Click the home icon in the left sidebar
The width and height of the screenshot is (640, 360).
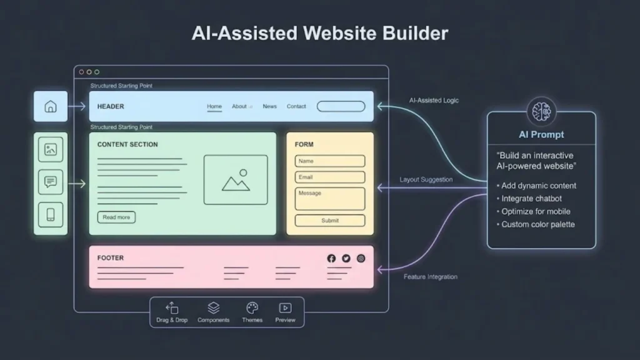[x=51, y=107]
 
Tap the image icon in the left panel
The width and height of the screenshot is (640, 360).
[x=51, y=150]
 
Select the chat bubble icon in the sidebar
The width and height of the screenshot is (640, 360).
[x=51, y=182]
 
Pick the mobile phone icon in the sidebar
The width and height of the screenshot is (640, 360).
[x=51, y=215]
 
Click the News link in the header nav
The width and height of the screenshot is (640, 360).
[x=269, y=107]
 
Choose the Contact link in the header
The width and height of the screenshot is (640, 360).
[x=296, y=107]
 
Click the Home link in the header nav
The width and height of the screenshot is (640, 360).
[x=214, y=107]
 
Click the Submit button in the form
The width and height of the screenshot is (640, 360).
[x=330, y=221]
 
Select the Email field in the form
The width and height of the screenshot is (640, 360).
[x=330, y=177]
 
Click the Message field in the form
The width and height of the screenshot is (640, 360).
[x=330, y=199]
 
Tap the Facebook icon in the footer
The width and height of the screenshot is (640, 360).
[x=331, y=258]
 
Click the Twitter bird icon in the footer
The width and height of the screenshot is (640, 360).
[x=346, y=258]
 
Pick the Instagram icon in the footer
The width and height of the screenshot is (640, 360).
[x=361, y=258]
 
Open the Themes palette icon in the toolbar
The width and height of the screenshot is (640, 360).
[x=252, y=308]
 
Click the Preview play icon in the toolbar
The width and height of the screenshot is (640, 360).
[x=285, y=308]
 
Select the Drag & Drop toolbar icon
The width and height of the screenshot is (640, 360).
[x=172, y=308]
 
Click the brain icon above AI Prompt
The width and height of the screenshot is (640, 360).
[x=541, y=112]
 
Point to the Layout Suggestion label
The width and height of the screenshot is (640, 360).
[x=426, y=180]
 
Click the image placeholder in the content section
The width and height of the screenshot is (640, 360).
[x=236, y=180]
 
